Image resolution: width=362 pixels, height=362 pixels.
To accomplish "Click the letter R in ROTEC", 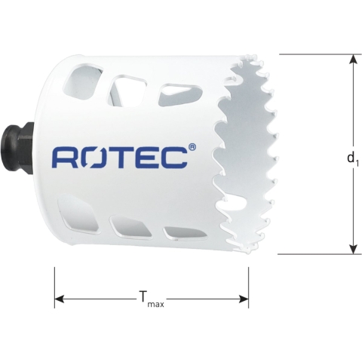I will click(x=64, y=157).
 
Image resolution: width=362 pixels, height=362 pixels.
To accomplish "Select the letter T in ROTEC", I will click(x=120, y=157).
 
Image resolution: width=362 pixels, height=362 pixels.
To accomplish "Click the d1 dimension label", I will click(x=351, y=158).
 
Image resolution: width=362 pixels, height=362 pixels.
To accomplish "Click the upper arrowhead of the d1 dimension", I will click(x=351, y=60).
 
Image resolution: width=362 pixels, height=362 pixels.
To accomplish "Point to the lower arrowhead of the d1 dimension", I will click(x=351, y=248).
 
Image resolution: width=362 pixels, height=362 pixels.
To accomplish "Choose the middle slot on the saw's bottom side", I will click(x=124, y=227).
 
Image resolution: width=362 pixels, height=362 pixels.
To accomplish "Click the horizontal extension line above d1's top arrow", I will click(x=317, y=54).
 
